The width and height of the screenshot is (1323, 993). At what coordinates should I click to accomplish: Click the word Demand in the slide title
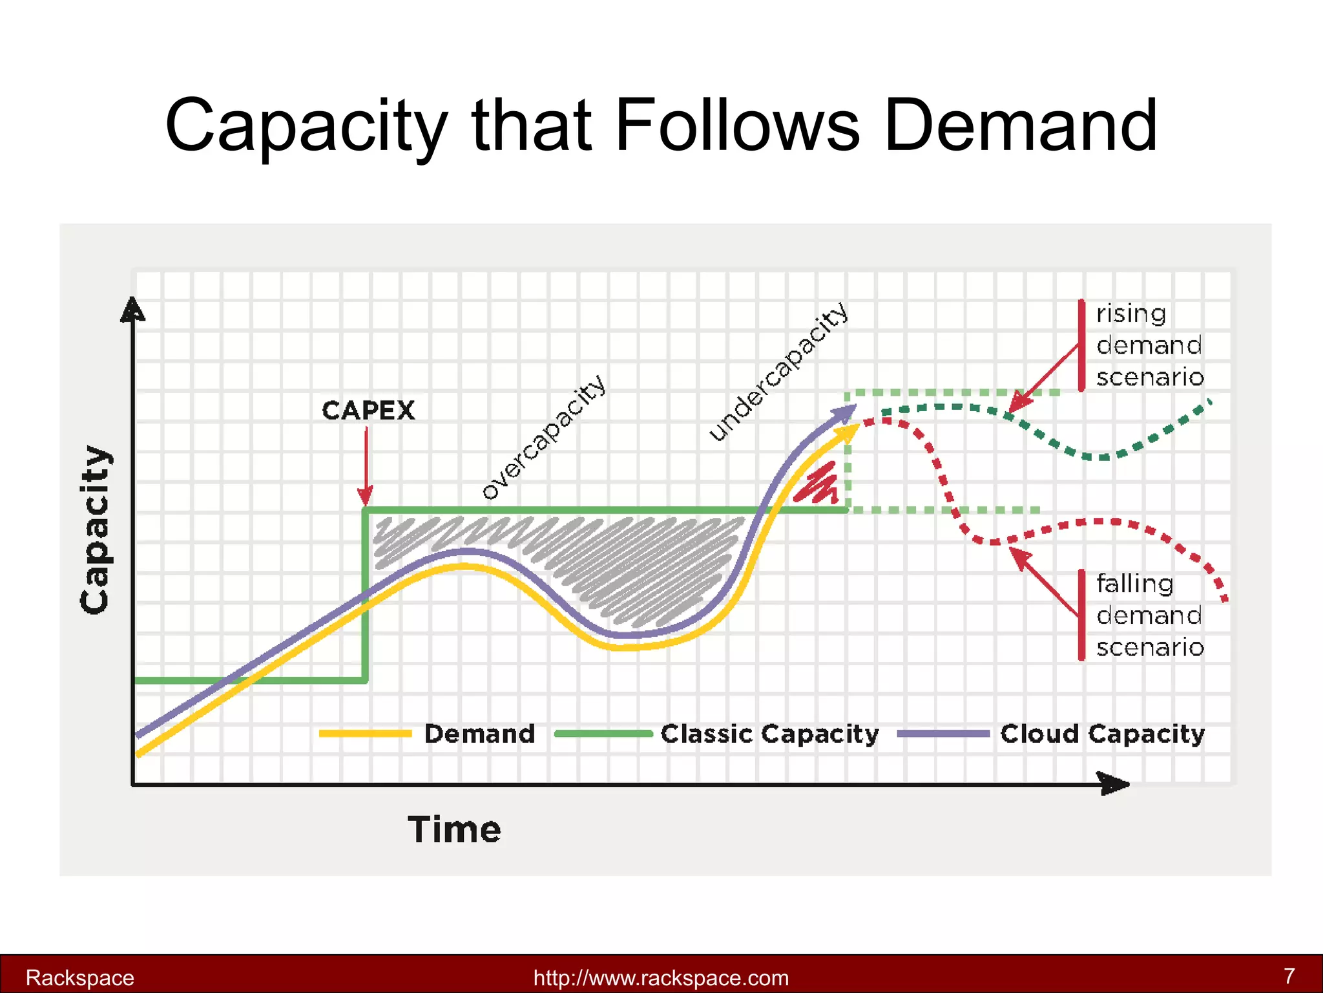tap(1020, 125)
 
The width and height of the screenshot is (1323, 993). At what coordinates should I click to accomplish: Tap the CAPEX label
tap(368, 411)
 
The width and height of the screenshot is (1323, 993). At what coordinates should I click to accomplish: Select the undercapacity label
tap(778, 372)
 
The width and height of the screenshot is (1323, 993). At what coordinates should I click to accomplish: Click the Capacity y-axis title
tap(95, 529)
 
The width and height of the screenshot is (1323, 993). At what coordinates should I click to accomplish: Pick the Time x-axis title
tap(454, 829)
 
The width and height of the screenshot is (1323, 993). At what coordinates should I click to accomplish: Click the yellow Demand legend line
tap(366, 733)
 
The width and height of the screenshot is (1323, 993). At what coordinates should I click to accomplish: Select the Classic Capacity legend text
tap(769, 734)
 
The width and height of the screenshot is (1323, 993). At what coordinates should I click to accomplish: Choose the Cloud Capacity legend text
tap(1102, 734)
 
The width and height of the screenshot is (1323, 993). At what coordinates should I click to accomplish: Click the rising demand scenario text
tap(1150, 345)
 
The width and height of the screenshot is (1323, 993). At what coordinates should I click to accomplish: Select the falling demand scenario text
tap(1150, 615)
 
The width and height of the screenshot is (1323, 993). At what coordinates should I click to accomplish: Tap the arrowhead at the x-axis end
tap(1114, 784)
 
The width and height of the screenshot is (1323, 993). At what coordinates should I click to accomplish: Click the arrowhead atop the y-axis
tap(132, 310)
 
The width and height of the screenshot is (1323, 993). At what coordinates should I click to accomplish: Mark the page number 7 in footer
tap(1289, 976)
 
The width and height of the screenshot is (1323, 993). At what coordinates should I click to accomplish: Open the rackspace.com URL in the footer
tap(661, 977)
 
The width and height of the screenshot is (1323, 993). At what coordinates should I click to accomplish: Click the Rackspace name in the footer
tap(79, 977)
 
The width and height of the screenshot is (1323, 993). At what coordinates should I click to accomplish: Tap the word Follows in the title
tap(737, 125)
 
